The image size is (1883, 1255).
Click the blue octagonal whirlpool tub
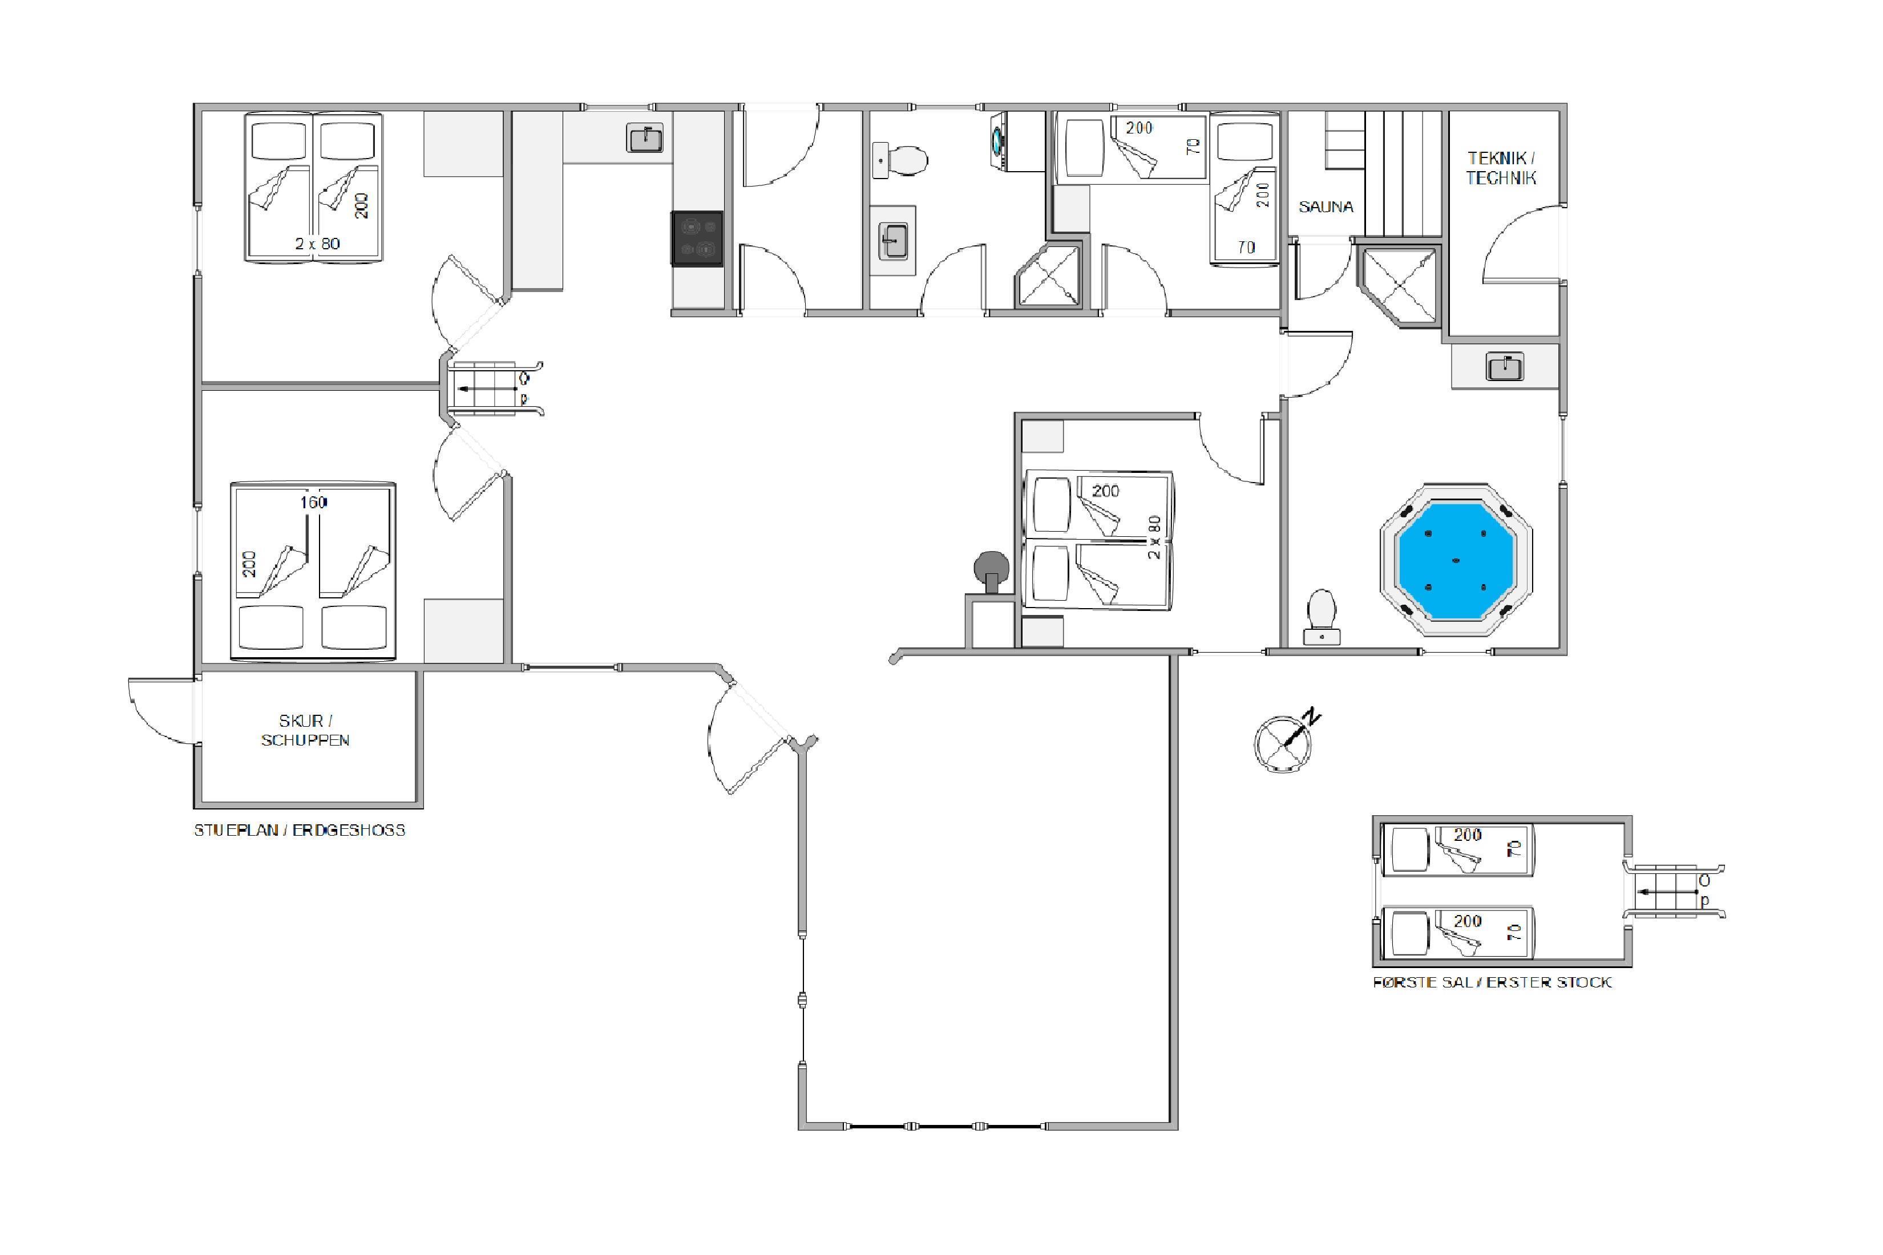(1456, 560)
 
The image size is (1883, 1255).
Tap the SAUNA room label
(1326, 207)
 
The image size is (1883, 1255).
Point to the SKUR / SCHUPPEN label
(305, 730)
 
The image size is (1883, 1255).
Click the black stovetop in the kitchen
(697, 238)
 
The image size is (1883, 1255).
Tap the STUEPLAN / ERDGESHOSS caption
(300, 830)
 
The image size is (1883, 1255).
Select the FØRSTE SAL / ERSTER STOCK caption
(1492, 982)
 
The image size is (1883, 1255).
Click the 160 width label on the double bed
(314, 502)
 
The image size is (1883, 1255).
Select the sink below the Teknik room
(1505, 367)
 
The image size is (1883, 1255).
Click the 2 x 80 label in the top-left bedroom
(317, 244)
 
